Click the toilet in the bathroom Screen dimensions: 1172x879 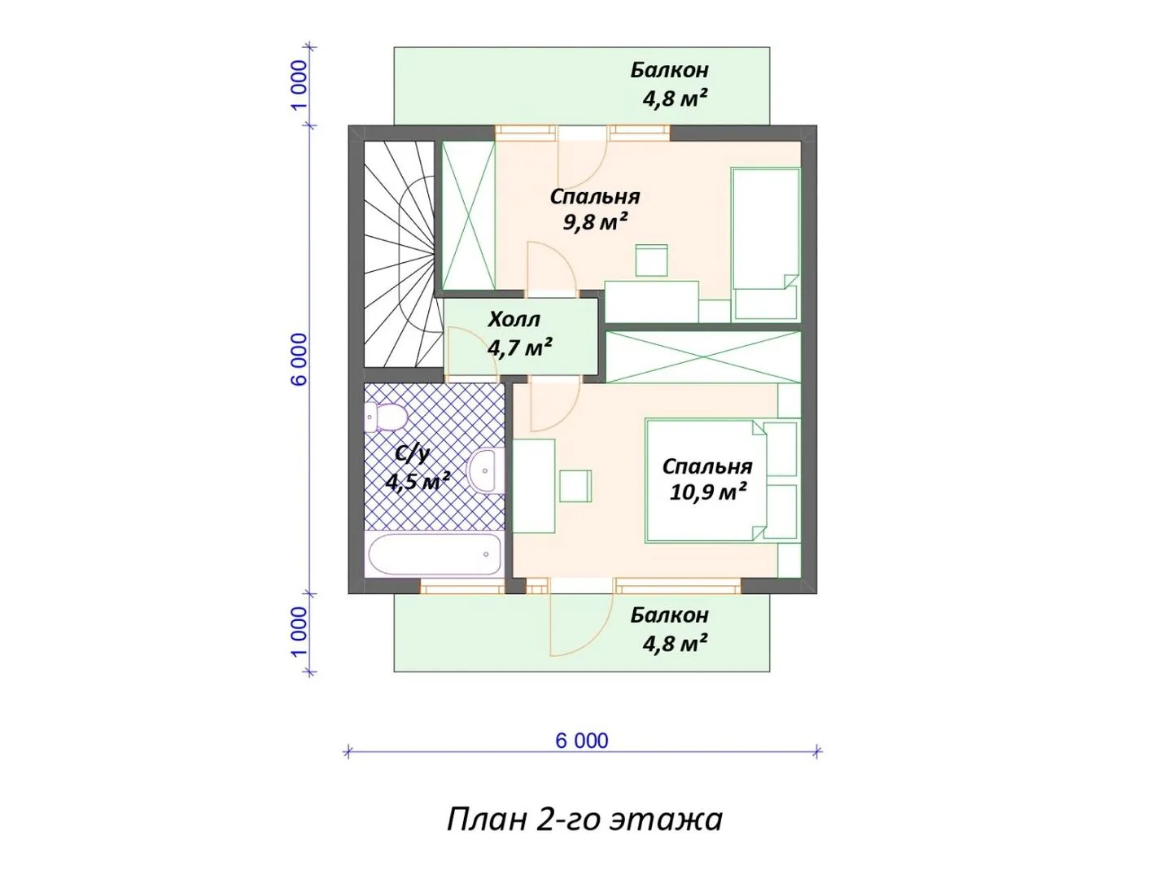pyautogui.click(x=384, y=418)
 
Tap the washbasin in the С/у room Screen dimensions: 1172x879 pyautogui.click(x=485, y=470)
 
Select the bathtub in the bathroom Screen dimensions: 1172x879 pyautogui.click(x=434, y=554)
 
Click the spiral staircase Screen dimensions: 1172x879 pyautogui.click(x=400, y=254)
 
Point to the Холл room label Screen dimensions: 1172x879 pyautogui.click(x=514, y=319)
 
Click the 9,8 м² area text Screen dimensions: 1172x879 pyautogui.click(x=594, y=221)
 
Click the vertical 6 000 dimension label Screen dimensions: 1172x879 pyautogui.click(x=300, y=359)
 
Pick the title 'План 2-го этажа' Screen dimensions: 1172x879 pyautogui.click(x=584, y=820)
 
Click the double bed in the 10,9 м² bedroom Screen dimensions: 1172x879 pyautogui.click(x=722, y=480)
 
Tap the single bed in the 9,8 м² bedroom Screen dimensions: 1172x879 pyautogui.click(x=765, y=244)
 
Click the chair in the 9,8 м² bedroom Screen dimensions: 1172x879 pyautogui.click(x=651, y=260)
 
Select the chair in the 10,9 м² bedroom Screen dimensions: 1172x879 pyautogui.click(x=575, y=486)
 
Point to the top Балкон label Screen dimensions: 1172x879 pyautogui.click(x=669, y=70)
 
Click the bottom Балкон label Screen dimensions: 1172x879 pyautogui.click(x=669, y=615)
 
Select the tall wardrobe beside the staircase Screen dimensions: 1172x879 pyautogui.click(x=468, y=216)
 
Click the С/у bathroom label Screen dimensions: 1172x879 pyautogui.click(x=412, y=454)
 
